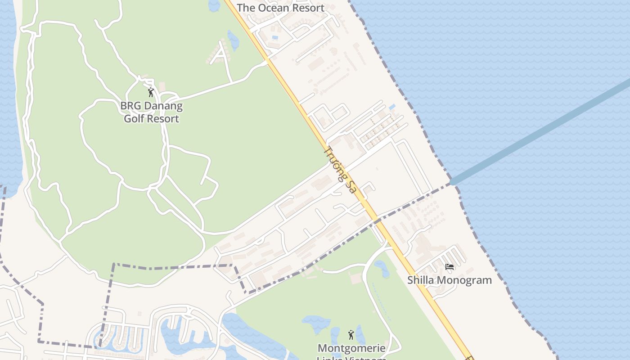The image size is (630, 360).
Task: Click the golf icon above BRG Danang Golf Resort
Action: click(x=151, y=92)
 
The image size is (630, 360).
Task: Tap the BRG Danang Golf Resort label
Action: click(x=151, y=112)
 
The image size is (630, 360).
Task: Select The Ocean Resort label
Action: click(x=280, y=8)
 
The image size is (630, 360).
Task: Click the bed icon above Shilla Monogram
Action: click(x=449, y=267)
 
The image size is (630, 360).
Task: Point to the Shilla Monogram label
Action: click(x=449, y=280)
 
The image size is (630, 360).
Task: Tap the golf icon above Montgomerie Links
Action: click(x=351, y=335)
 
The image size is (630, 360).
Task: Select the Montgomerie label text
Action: click(x=351, y=348)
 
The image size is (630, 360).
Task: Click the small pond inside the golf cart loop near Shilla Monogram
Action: click(x=382, y=268)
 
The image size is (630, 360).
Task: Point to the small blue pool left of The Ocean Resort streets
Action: click(x=275, y=37)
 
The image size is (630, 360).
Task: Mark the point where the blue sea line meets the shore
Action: click(x=453, y=182)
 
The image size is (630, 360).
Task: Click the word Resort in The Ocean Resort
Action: click(x=307, y=8)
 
